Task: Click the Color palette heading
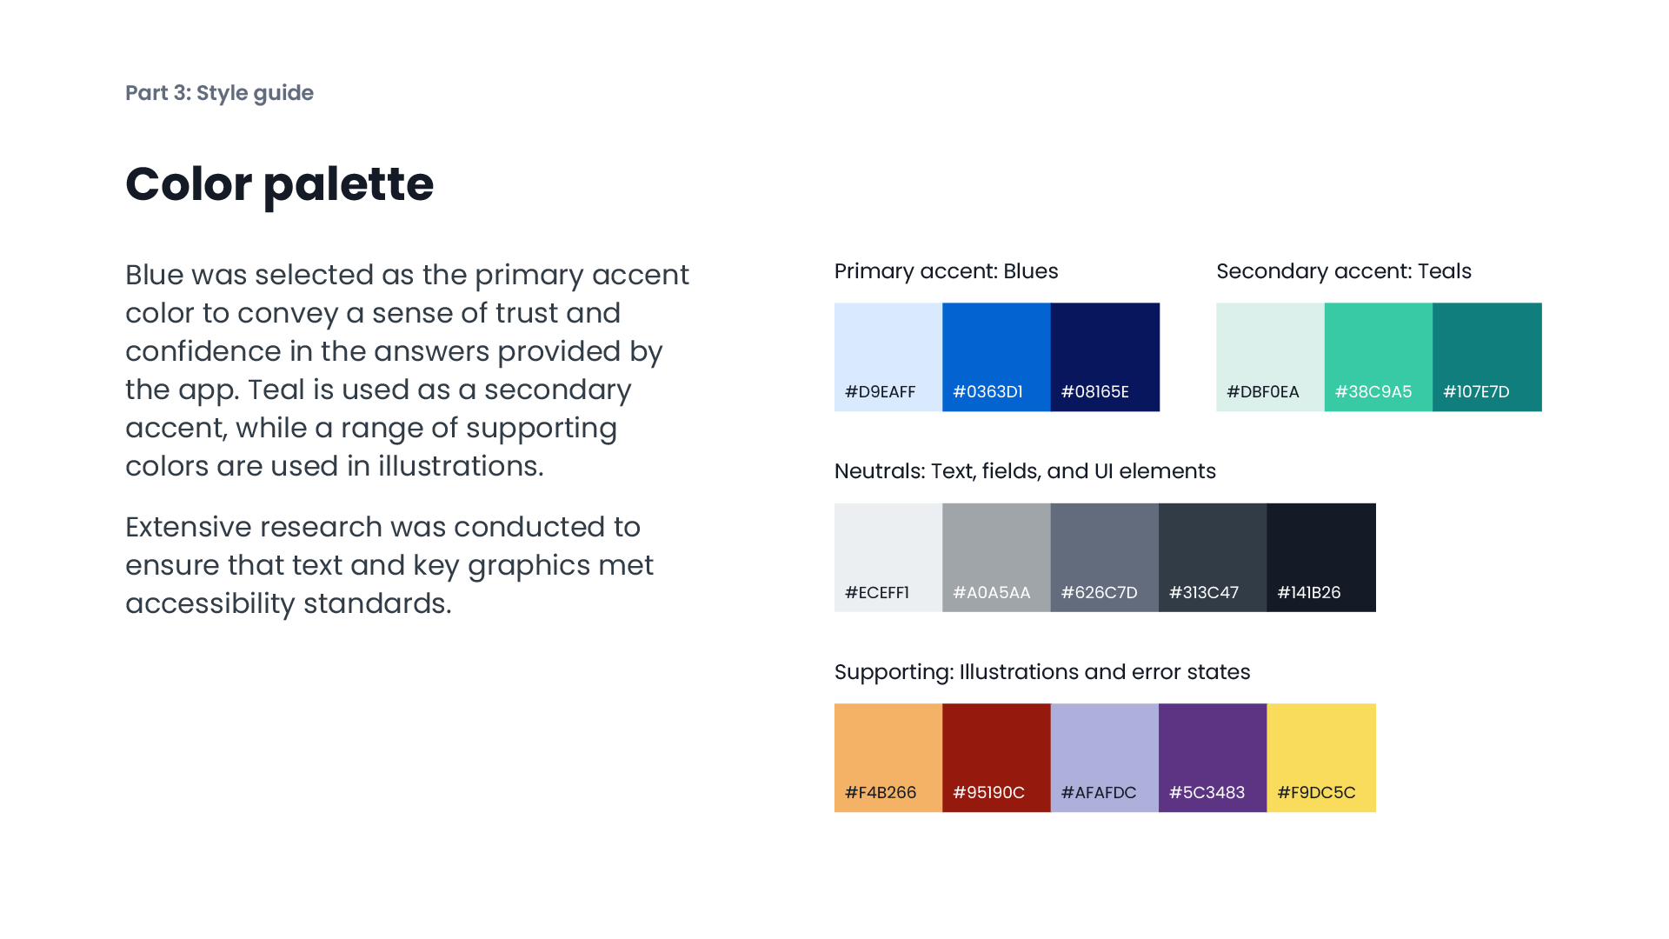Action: click(x=279, y=184)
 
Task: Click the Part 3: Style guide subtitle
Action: click(x=219, y=93)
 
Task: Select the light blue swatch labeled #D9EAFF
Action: click(x=888, y=356)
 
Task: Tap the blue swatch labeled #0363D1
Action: click(x=996, y=356)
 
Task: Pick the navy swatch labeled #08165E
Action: click(x=1105, y=356)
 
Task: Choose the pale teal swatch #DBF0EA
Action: click(x=1270, y=356)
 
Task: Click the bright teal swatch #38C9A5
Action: click(x=1378, y=356)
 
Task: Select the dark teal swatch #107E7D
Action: click(x=1486, y=356)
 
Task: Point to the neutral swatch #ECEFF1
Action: click(x=888, y=556)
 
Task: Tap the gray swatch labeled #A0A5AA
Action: click(x=996, y=556)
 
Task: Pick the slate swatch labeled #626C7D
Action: click(x=1104, y=556)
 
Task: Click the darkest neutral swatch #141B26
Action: click(x=1321, y=556)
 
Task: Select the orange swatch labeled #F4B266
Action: click(x=888, y=757)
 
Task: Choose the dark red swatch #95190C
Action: click(x=996, y=757)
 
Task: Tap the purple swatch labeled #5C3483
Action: click(x=1213, y=757)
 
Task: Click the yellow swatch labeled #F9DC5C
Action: click(x=1321, y=757)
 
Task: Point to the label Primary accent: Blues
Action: click(x=946, y=271)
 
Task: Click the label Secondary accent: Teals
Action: click(x=1343, y=271)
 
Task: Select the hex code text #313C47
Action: click(x=1204, y=593)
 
